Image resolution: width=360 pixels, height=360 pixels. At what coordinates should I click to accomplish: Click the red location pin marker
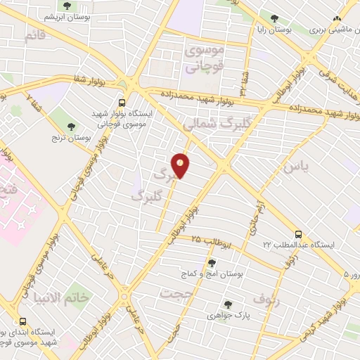(181, 165)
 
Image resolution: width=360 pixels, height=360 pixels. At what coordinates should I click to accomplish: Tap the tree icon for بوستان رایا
(274, 19)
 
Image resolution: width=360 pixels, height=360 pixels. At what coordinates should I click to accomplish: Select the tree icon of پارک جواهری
(227, 304)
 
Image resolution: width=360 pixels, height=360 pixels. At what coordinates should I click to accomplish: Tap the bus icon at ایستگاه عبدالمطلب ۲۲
(298, 234)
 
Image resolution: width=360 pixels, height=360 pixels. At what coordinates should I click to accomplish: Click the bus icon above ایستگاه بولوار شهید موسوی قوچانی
(122, 101)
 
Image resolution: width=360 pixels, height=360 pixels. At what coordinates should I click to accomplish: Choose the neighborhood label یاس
(297, 167)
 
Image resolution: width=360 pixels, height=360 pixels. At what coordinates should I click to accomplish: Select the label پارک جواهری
(229, 316)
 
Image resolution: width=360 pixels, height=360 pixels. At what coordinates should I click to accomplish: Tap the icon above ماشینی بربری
(337, 19)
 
